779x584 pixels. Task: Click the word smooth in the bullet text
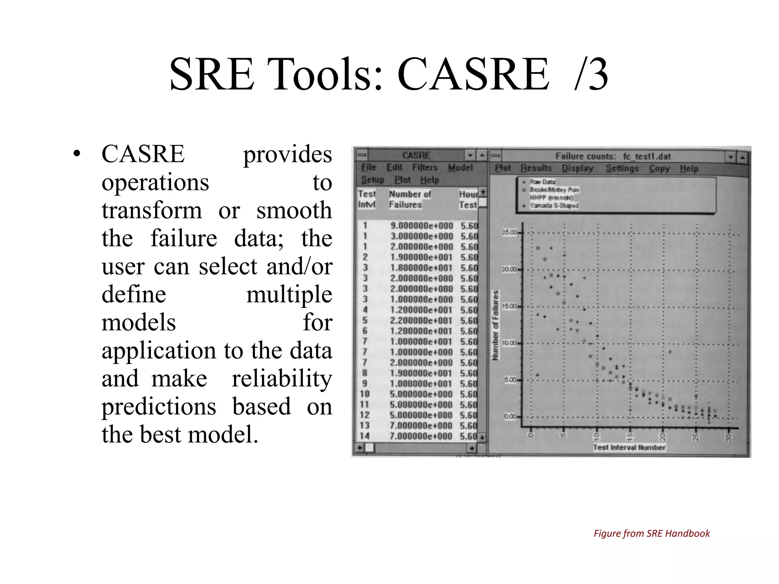click(x=294, y=210)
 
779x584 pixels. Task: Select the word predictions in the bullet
click(x=159, y=406)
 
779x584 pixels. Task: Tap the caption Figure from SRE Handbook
click(x=651, y=533)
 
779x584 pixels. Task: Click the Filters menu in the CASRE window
click(x=424, y=167)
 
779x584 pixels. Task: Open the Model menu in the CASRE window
click(x=460, y=168)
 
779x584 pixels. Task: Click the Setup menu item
click(x=372, y=179)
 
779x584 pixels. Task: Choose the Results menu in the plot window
click(x=536, y=168)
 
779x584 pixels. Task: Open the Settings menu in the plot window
click(x=622, y=168)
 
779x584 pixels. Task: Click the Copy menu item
click(x=659, y=168)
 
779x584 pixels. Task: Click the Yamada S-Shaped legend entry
click(x=554, y=205)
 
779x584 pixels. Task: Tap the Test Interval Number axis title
click(x=629, y=448)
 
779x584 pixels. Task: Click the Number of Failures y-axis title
click(x=496, y=325)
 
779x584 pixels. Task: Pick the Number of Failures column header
click(x=409, y=199)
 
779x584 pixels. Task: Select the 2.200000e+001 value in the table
click(x=421, y=321)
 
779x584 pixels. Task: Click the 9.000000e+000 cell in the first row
click(x=421, y=225)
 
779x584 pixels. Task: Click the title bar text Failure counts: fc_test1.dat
click(x=613, y=156)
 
